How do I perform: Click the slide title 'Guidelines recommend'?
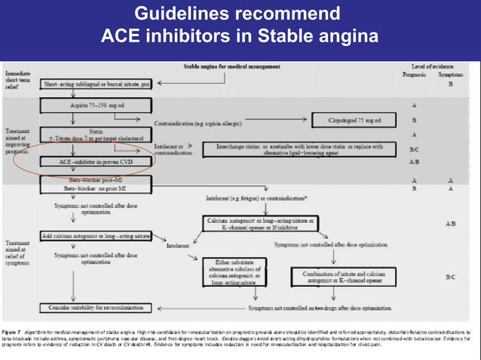coord(240,14)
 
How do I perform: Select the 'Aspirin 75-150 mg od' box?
coord(96,105)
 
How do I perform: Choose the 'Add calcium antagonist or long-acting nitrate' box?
coord(94,236)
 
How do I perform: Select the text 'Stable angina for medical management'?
coord(234,67)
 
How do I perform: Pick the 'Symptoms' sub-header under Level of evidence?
coord(451,75)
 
